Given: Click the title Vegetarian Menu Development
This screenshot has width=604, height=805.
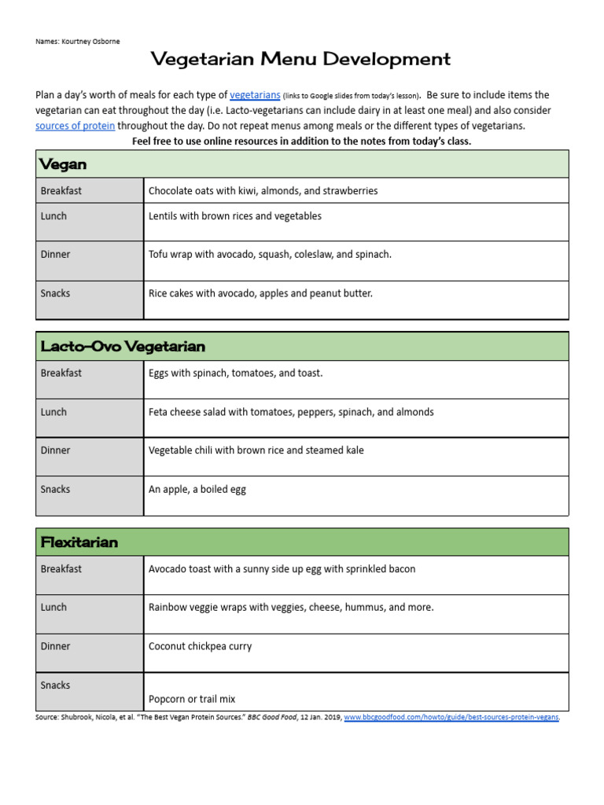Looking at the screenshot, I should click(300, 59).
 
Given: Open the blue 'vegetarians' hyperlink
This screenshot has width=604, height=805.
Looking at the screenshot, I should click(255, 95).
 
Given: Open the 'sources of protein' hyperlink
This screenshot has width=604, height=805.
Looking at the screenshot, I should click(75, 126).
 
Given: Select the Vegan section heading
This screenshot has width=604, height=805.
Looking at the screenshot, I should click(64, 164).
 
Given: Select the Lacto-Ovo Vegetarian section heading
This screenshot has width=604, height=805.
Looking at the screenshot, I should click(123, 347).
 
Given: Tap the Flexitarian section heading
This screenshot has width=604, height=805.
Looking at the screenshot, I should click(79, 542).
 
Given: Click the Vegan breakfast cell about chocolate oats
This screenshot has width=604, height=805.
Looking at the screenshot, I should click(263, 191).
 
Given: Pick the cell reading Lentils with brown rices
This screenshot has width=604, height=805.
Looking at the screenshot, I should click(234, 216).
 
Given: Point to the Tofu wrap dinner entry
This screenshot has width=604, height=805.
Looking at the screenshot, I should click(270, 255).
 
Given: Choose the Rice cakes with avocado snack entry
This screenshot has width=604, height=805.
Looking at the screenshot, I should click(260, 293).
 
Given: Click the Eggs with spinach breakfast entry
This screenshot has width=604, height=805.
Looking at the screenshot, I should click(235, 373).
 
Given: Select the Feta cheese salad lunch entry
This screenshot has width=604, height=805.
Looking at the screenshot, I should click(291, 412).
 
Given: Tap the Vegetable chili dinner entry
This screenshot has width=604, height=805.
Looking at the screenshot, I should click(256, 450).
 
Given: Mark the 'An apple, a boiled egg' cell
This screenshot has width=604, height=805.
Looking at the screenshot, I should click(197, 489).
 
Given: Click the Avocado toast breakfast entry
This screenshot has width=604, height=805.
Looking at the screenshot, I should click(282, 568).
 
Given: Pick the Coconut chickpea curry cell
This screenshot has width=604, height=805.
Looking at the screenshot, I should click(200, 646).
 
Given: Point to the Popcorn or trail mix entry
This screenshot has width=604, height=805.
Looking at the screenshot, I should click(192, 699).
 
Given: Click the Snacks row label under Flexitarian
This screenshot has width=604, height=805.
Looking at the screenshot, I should click(55, 686).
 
